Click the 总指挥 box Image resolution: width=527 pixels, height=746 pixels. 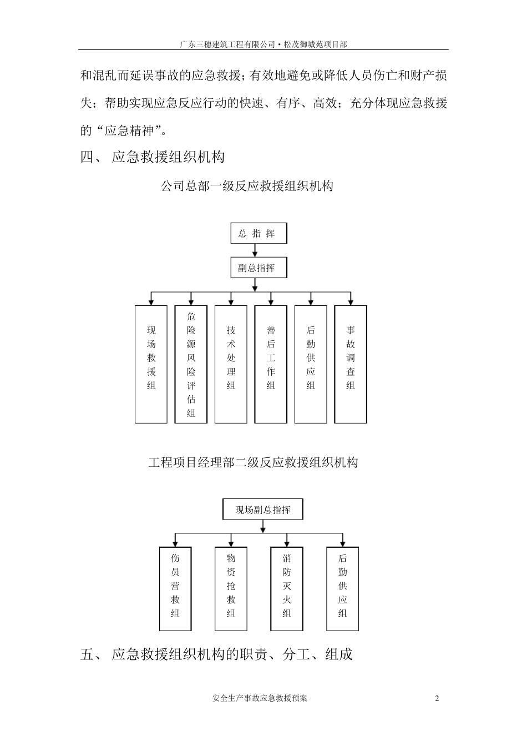259,233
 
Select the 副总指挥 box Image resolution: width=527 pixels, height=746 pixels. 259,268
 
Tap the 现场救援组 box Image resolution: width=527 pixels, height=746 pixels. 151,364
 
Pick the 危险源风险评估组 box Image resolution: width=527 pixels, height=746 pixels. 191,364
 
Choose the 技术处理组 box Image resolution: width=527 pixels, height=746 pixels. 231,364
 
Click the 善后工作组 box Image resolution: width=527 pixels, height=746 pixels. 271,364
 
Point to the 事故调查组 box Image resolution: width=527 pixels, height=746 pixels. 351,364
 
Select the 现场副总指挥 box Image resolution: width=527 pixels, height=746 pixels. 263,510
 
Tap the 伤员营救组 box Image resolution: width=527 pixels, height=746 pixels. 175,588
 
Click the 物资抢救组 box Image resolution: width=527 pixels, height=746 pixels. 231,588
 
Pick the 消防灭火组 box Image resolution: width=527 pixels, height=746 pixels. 287,588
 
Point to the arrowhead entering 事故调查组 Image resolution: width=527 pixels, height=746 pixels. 351,301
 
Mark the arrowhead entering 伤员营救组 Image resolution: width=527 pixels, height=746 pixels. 175,543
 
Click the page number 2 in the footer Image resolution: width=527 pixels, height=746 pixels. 437,698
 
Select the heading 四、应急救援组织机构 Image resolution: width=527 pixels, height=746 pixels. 153,157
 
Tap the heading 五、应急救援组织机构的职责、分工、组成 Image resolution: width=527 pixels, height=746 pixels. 216,654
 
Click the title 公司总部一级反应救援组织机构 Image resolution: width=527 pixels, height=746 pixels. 247,186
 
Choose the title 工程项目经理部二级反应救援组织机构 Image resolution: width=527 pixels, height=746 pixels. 253,462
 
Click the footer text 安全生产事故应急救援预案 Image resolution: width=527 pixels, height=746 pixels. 260,698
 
